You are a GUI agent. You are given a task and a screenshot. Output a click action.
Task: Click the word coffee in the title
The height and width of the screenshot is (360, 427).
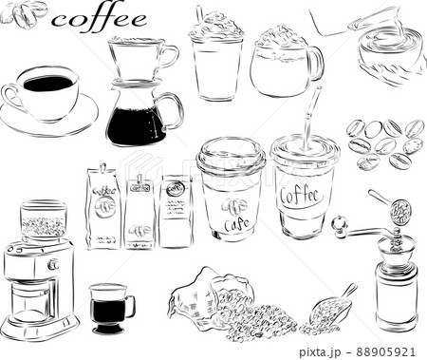[x=100, y=19]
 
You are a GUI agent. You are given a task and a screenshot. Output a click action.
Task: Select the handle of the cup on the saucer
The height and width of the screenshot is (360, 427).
[x=10, y=95]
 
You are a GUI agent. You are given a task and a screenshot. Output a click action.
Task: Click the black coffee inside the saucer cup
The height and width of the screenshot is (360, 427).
[x=47, y=84]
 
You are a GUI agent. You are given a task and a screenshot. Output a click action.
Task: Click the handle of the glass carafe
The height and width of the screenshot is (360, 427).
[x=176, y=110]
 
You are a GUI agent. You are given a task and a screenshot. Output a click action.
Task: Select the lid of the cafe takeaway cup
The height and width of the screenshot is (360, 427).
[x=230, y=153]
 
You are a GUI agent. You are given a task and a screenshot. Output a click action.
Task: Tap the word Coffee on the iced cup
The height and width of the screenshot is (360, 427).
[x=303, y=196]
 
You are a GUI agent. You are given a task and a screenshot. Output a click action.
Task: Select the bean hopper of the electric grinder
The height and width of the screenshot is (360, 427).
[x=42, y=222]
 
